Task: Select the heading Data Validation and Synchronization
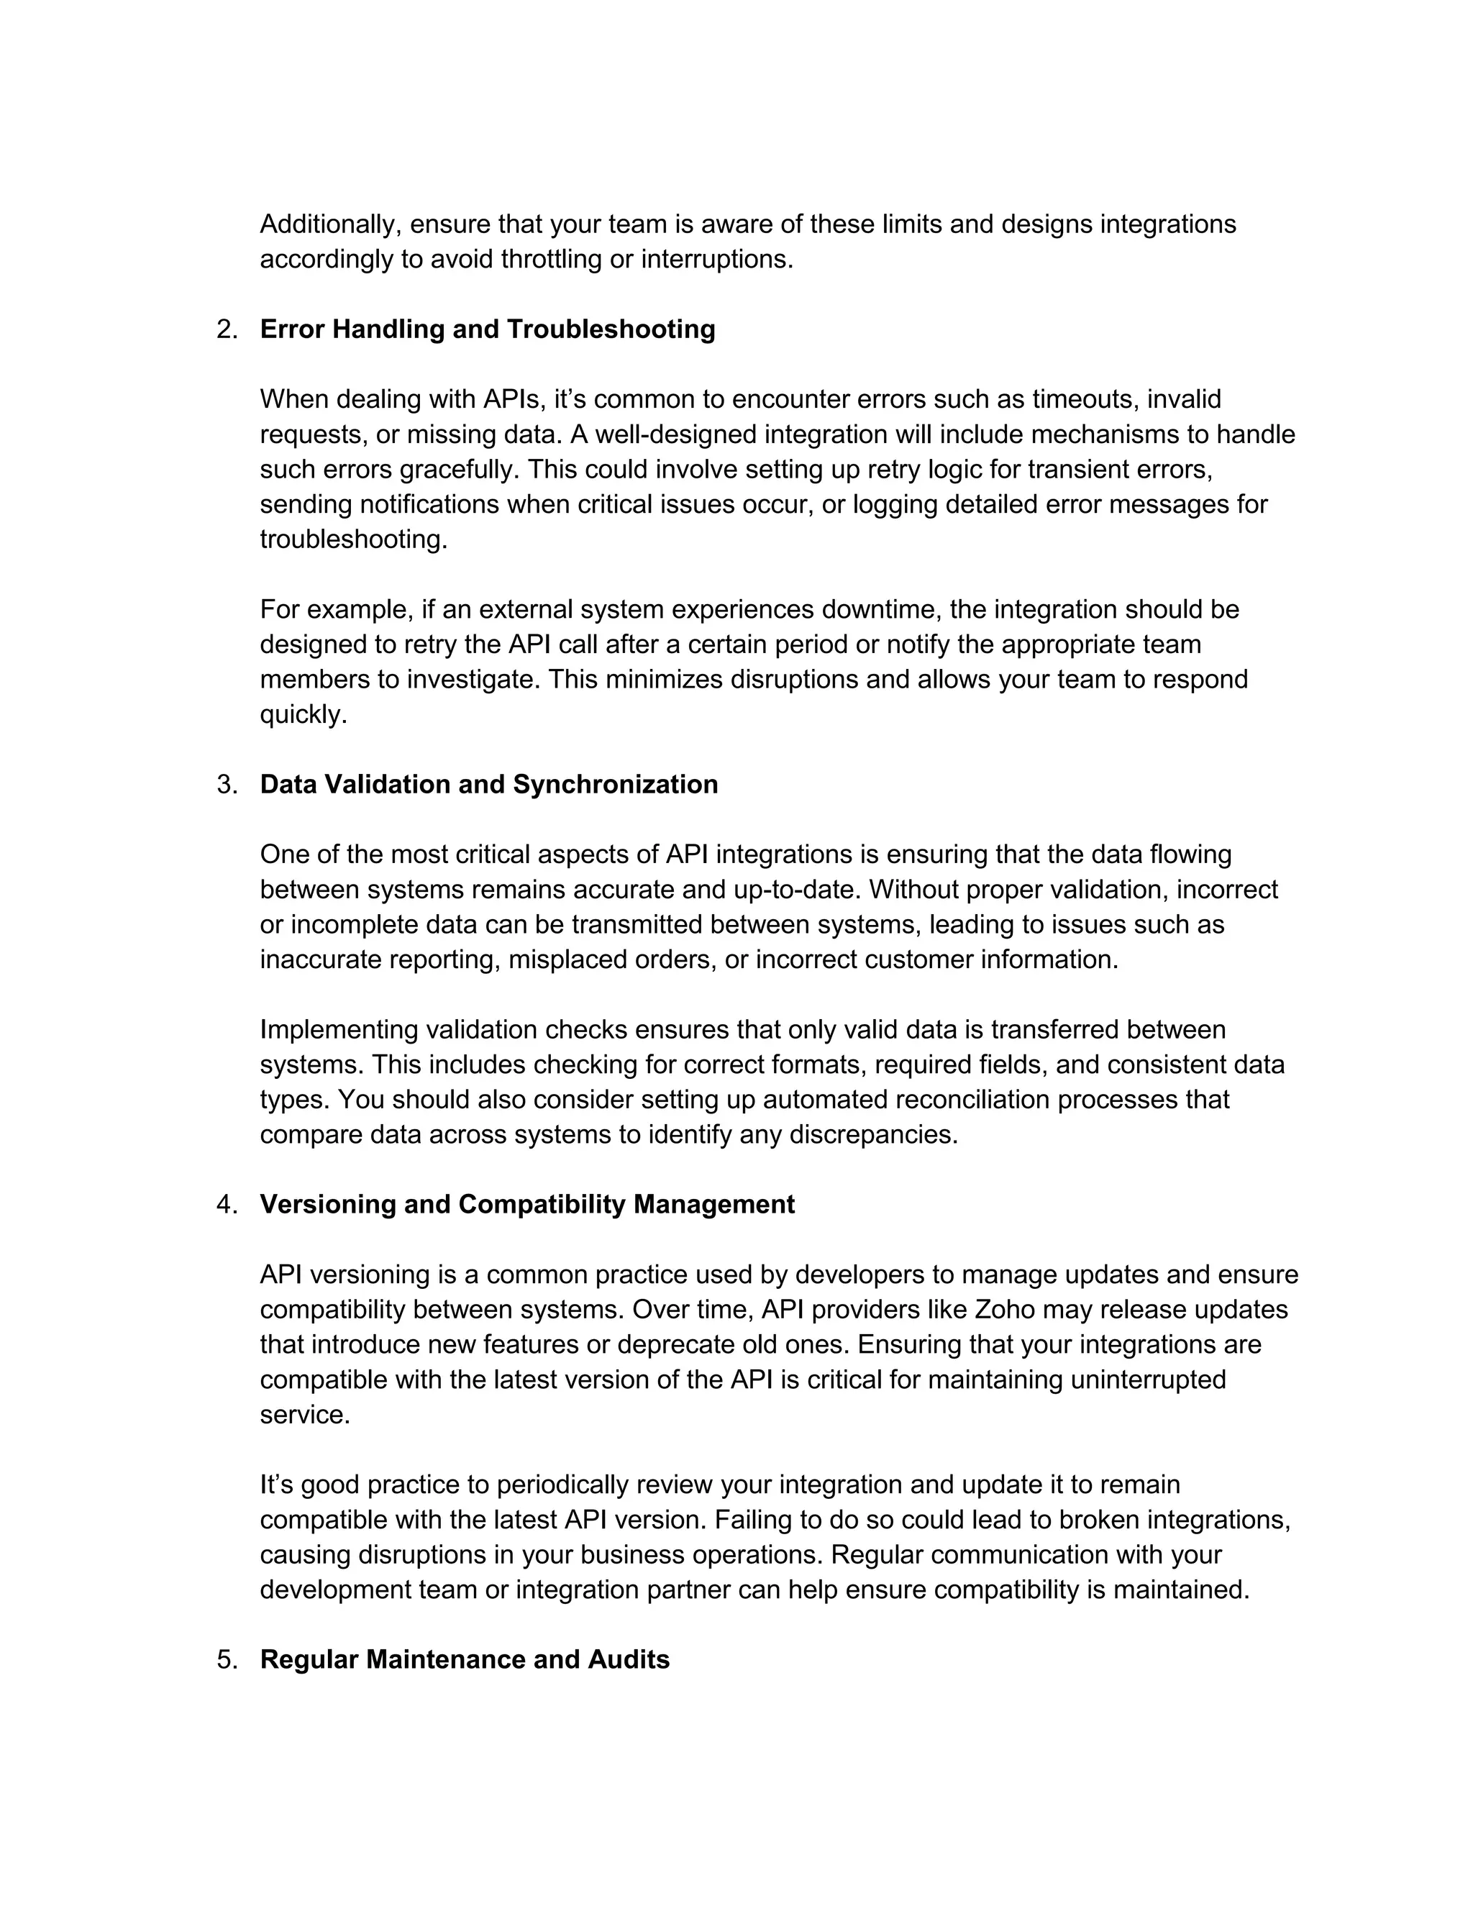point(488,784)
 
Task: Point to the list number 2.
point(227,330)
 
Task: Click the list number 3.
point(227,785)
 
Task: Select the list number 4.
point(227,1205)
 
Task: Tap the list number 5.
point(227,1660)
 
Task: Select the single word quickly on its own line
point(303,715)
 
